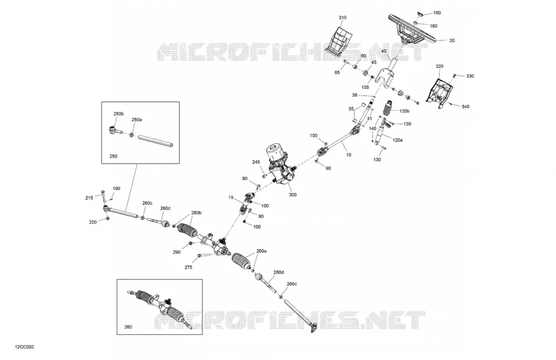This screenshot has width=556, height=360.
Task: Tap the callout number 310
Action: coord(342,18)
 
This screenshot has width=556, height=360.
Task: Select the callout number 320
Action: coord(440,66)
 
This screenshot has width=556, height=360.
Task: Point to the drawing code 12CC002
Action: coord(25,347)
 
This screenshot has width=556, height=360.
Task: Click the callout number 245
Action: coord(256,162)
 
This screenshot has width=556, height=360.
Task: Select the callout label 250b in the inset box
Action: coord(118,114)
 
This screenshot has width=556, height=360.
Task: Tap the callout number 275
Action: coord(188,267)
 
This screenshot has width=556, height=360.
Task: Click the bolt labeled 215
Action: coord(104,196)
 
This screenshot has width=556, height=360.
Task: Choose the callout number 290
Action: coord(177,252)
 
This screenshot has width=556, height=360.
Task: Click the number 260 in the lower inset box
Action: coord(128,327)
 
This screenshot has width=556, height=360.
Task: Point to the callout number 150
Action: coord(437,13)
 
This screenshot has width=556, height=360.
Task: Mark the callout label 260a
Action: coord(262,251)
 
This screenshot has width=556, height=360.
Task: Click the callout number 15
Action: coord(231,197)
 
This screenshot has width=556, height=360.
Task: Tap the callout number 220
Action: coord(92,222)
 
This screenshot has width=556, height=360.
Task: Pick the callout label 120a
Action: coord(397,140)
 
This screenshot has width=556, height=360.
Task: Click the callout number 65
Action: coord(337,73)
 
